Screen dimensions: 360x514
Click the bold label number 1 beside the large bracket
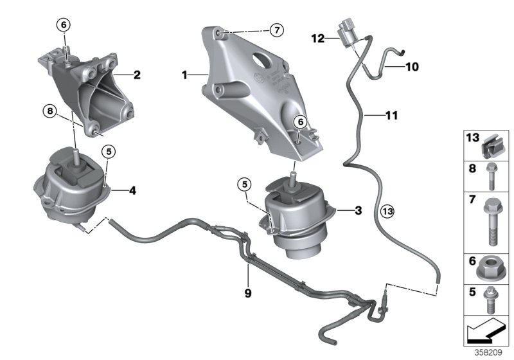pyautogui.click(x=184, y=75)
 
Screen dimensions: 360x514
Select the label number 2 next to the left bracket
pyautogui.click(x=137, y=75)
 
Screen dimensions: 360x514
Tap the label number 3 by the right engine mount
pyautogui.click(x=359, y=210)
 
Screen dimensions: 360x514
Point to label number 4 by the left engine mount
pyautogui.click(x=132, y=190)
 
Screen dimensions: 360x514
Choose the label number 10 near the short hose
pyautogui.click(x=412, y=66)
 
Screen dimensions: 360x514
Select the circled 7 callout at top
pyautogui.click(x=275, y=30)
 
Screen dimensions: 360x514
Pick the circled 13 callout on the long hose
pyautogui.click(x=386, y=211)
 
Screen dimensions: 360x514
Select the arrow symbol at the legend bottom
pyautogui.click(x=486, y=332)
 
